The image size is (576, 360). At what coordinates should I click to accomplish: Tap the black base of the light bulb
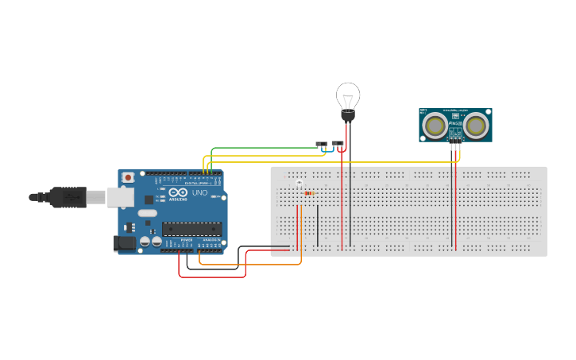pyautogui.click(x=348, y=116)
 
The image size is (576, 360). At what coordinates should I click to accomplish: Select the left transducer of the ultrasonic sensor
pyautogui.click(x=434, y=125)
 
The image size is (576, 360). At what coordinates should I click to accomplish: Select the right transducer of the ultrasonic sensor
pyautogui.click(x=476, y=125)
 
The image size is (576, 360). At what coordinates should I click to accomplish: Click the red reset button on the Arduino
pyautogui.click(x=128, y=177)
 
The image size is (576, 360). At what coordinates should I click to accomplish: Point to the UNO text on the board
pyautogui.click(x=199, y=192)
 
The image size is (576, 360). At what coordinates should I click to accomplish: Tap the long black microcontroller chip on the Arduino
pyautogui.click(x=191, y=229)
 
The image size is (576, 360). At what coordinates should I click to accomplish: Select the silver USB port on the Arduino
pyautogui.click(x=121, y=196)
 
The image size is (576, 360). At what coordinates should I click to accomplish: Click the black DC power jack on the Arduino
pyautogui.click(x=125, y=244)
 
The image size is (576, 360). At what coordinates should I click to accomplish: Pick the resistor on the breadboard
pyautogui.click(x=309, y=193)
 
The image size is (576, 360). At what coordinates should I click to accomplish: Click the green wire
pyautogui.click(x=262, y=148)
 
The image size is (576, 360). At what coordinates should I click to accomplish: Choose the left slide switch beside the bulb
pyautogui.click(x=322, y=144)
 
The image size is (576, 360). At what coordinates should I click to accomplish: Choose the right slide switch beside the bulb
pyautogui.click(x=338, y=144)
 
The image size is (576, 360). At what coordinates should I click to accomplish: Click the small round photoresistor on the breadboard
pyautogui.click(x=299, y=184)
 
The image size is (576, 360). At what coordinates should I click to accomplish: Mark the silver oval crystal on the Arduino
pyautogui.click(x=148, y=213)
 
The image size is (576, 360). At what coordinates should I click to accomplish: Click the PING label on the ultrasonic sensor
pyautogui.click(x=455, y=124)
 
